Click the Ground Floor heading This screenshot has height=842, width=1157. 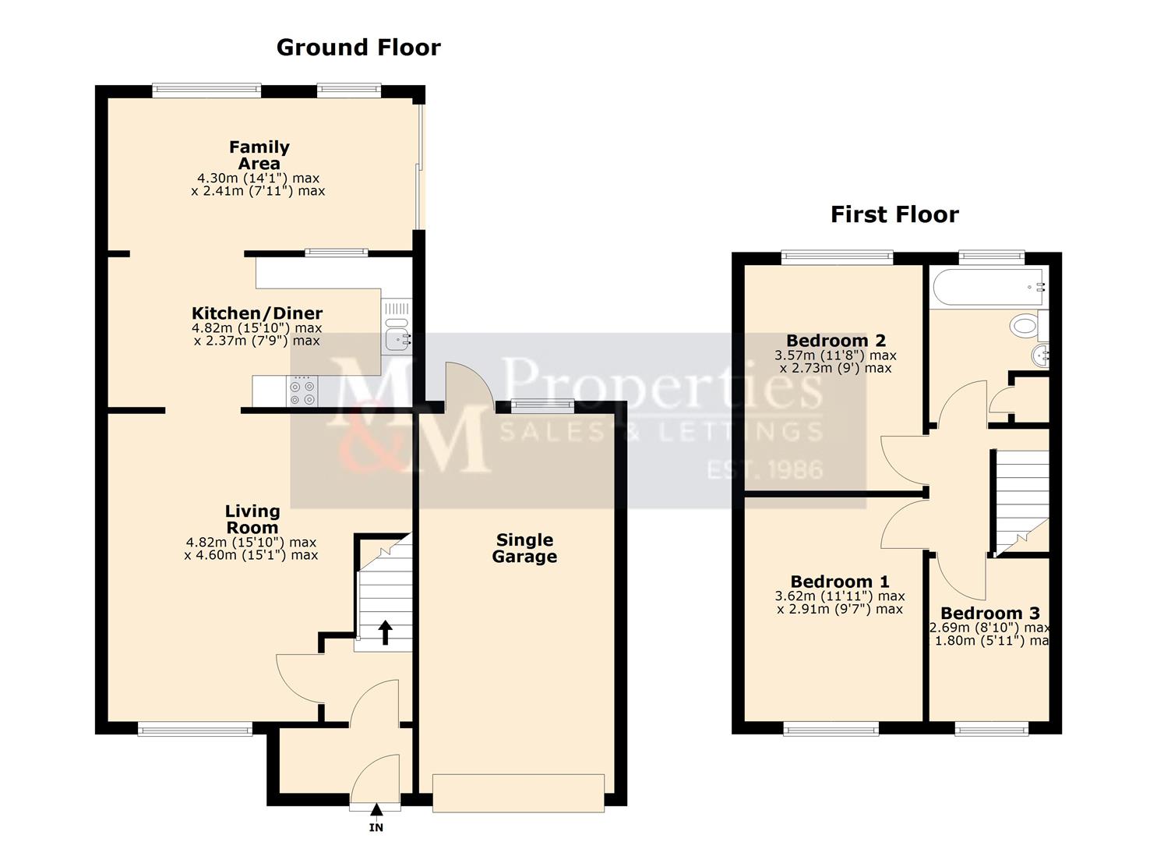358,48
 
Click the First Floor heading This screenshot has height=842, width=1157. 894,214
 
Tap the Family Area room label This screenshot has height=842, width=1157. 259,155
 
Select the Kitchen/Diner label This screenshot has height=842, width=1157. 257,313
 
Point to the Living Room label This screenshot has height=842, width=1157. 252,519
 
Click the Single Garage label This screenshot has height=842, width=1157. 524,548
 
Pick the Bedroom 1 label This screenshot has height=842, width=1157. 839,582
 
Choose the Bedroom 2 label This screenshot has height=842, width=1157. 835,341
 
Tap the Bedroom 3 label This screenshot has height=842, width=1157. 989,614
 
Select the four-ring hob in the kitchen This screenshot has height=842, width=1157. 302,391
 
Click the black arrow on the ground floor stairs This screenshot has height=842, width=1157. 385,632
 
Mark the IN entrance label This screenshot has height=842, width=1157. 376,828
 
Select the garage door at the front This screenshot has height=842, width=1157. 518,792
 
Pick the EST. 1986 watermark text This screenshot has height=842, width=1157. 764,469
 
